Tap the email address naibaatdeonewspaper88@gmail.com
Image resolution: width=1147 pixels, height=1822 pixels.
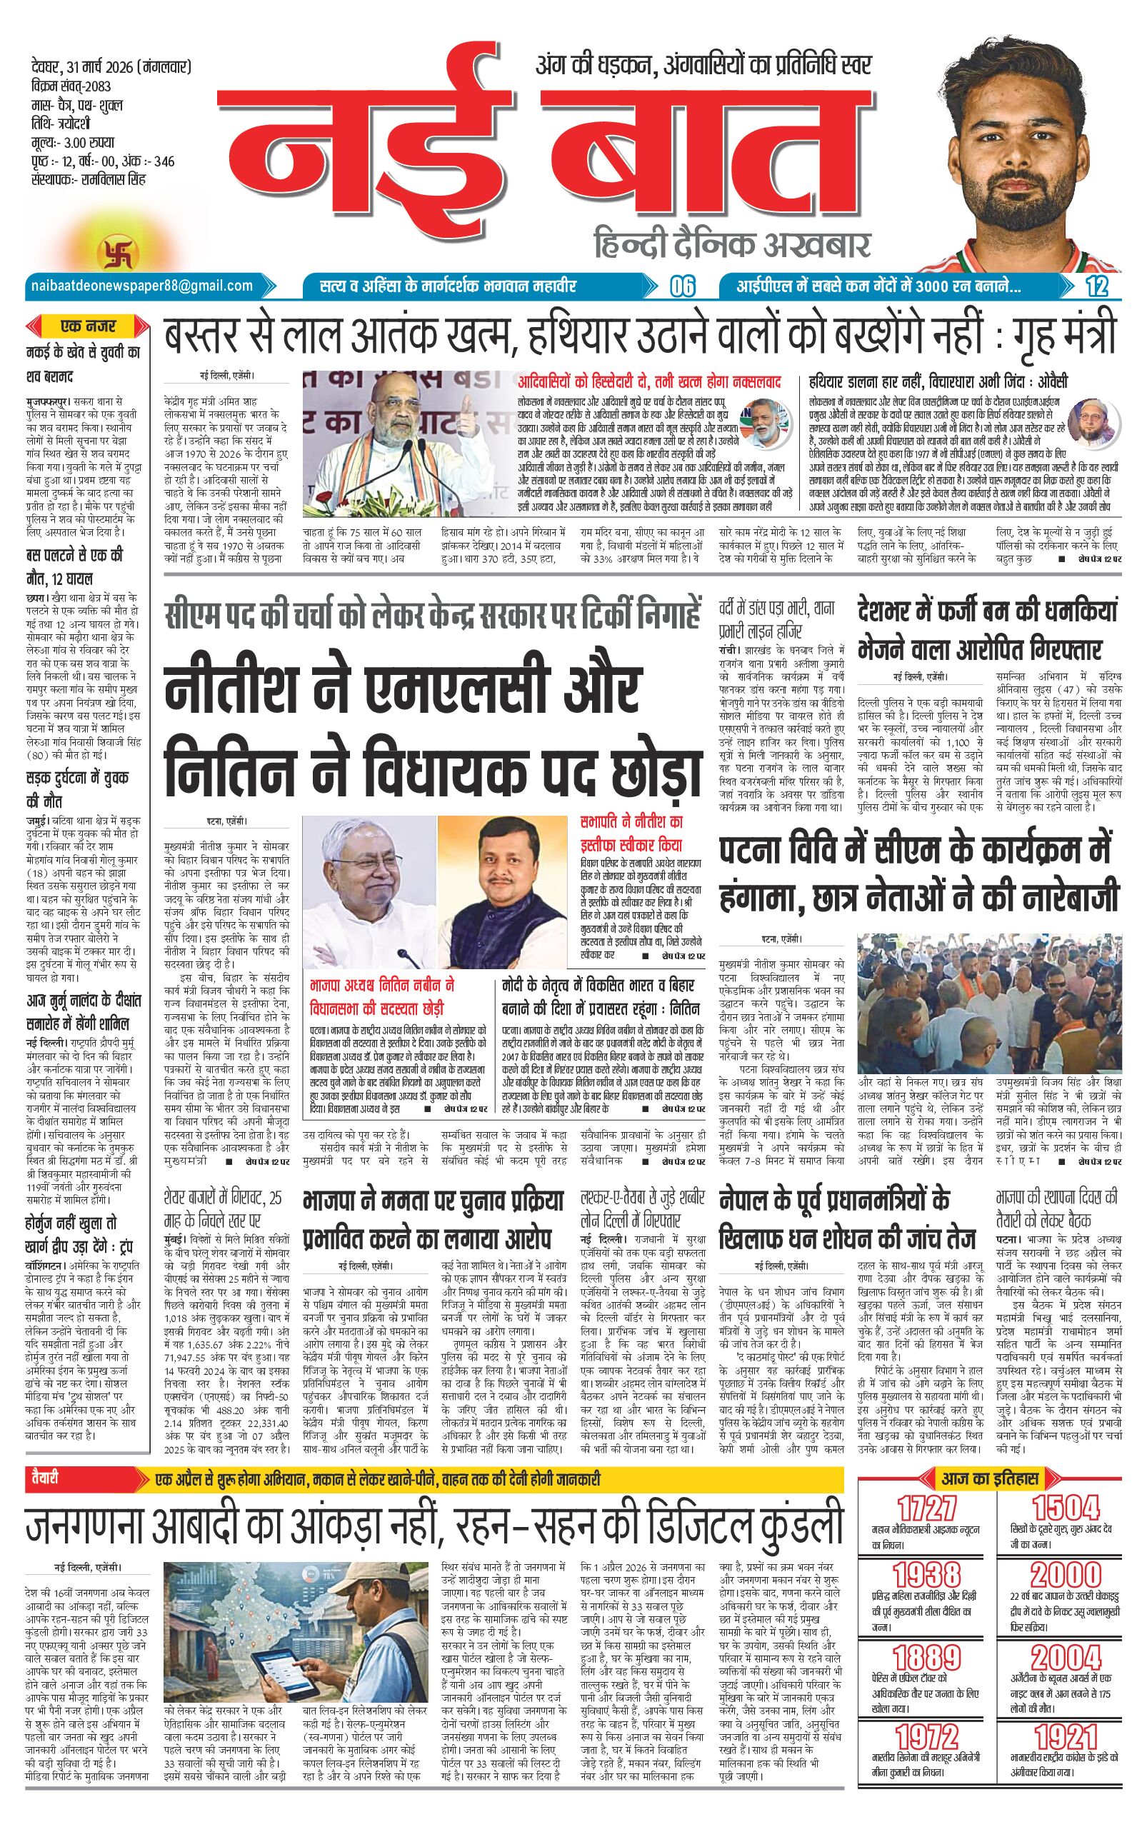tap(141, 285)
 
